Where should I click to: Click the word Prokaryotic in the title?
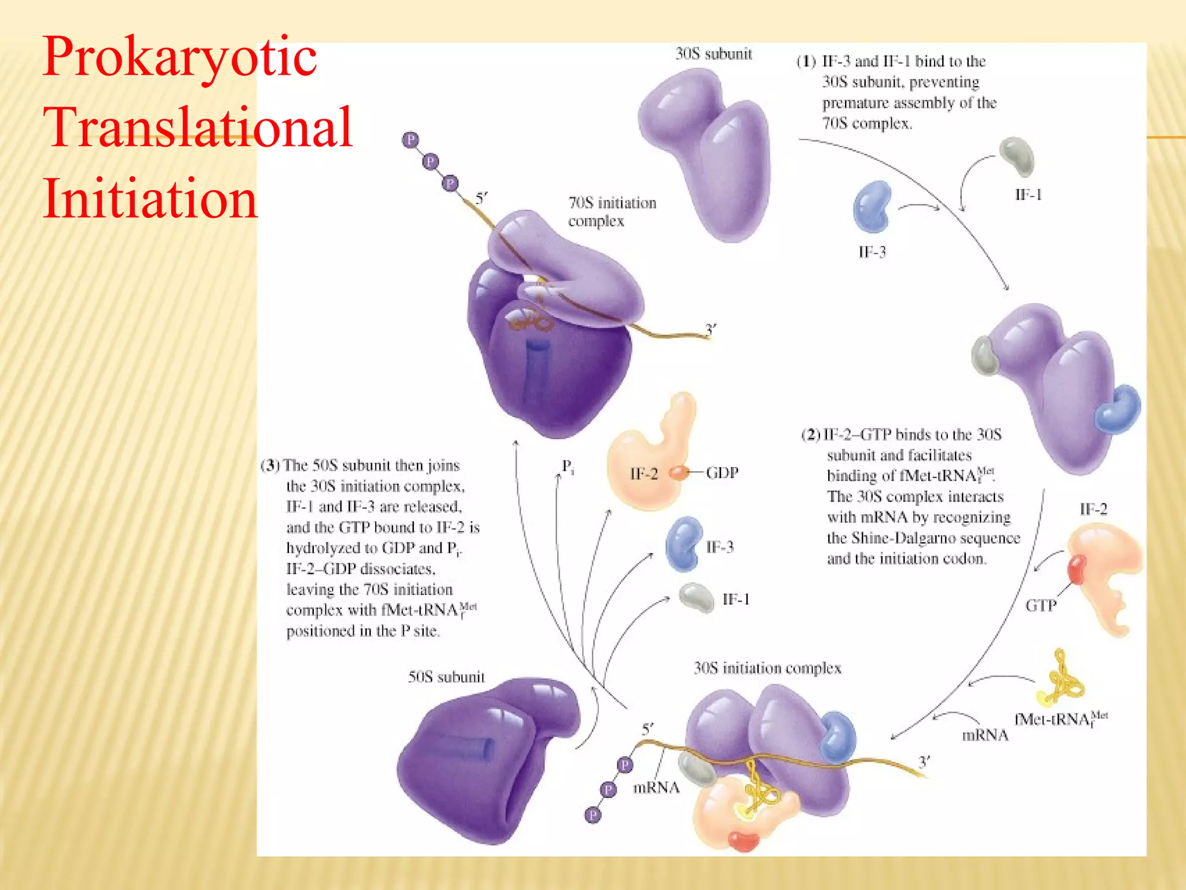tap(180, 57)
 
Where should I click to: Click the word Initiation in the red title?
tap(149, 199)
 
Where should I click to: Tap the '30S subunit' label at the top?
tap(713, 54)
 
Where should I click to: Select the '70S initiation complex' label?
tap(612, 211)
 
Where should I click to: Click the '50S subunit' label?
tap(446, 677)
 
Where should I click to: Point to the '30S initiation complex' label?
tap(767, 668)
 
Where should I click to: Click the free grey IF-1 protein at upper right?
tap(1017, 156)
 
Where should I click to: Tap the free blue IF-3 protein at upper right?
tap(872, 206)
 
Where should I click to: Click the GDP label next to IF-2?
tap(722, 473)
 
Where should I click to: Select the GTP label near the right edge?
tap(1041, 606)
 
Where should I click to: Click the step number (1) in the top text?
tap(806, 61)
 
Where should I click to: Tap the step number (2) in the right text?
tap(811, 435)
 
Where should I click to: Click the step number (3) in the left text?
tap(270, 465)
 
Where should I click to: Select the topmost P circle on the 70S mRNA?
tap(411, 140)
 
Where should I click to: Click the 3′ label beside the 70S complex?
tap(711, 330)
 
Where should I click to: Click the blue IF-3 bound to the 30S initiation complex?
tap(837, 736)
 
